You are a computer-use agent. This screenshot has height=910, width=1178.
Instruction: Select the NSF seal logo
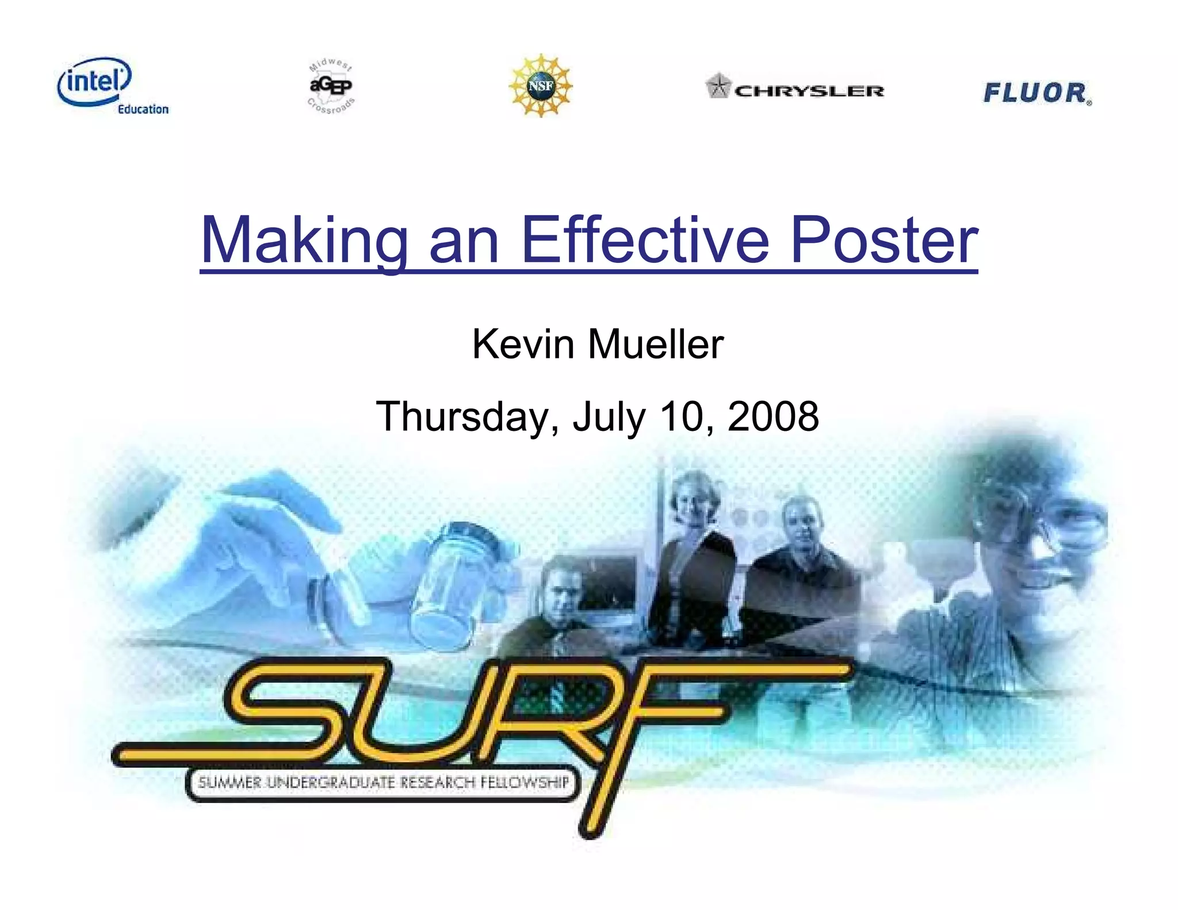[x=541, y=86]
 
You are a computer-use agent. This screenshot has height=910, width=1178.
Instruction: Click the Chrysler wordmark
[x=809, y=91]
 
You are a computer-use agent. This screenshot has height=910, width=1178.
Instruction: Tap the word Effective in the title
[x=644, y=240]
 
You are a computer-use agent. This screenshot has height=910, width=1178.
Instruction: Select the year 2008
[x=773, y=416]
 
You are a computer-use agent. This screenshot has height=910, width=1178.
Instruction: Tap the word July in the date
[x=609, y=416]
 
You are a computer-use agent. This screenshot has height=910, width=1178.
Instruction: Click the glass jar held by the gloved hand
[x=454, y=581]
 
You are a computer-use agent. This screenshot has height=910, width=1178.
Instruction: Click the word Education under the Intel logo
[x=143, y=109]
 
